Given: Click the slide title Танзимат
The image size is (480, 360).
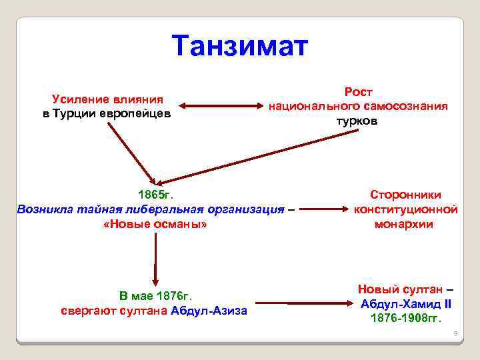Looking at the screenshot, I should coord(239,46).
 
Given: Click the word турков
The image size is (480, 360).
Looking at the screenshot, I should coord(357,121).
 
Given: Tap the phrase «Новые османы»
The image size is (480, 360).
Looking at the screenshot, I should coord(155,225).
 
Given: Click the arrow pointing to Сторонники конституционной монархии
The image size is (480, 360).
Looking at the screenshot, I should coord(326,210).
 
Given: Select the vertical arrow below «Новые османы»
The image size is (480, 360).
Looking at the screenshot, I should coord(155,260).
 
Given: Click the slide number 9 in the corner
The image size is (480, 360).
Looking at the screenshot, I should coord(454,333).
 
